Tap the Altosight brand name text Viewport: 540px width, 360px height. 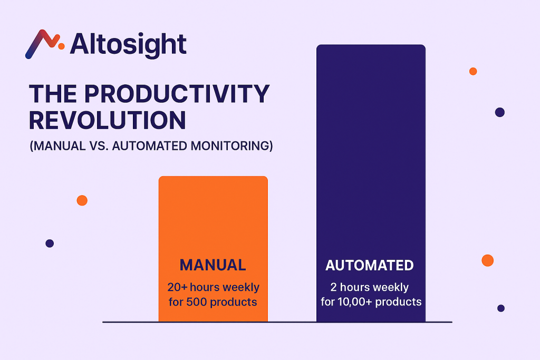tap(128, 45)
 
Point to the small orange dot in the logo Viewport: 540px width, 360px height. tap(61, 46)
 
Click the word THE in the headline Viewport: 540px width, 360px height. tap(53, 94)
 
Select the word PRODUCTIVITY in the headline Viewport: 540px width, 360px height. tap(177, 94)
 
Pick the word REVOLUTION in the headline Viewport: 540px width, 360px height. tap(108, 120)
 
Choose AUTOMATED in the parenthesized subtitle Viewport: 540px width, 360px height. tap(149, 146)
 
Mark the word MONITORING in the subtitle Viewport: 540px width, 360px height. tap(230, 146)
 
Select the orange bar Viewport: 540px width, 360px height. tap(213, 249)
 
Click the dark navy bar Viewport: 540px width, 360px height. tap(371, 183)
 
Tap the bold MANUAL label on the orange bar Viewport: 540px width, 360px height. tap(213, 265)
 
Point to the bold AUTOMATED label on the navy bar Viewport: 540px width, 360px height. tap(370, 265)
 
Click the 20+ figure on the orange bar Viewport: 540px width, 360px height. tap(177, 287)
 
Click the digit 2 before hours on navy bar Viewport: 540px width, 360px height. tap(333, 287)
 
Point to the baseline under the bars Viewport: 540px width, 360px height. tap(277, 322)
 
